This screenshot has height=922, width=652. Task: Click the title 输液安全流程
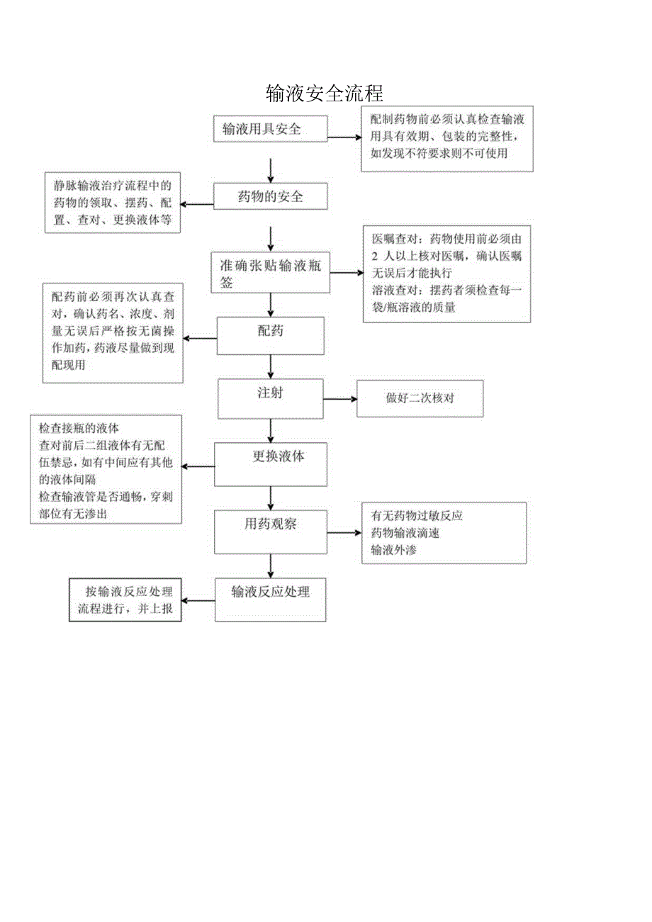click(325, 93)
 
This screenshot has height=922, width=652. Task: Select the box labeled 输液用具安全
click(270, 128)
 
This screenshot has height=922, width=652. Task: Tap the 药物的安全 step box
click(271, 196)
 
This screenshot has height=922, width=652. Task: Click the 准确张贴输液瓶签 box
click(271, 273)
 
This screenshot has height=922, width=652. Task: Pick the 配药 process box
click(270, 335)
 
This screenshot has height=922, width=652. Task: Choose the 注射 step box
click(270, 398)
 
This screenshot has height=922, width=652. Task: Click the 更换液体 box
click(270, 464)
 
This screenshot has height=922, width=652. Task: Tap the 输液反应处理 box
click(270, 599)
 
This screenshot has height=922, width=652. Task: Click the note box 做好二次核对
click(420, 398)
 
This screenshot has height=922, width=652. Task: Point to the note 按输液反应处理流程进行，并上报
click(125, 600)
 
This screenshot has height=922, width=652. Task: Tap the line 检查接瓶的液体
click(79, 429)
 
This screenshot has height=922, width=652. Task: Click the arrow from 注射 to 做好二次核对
click(340, 399)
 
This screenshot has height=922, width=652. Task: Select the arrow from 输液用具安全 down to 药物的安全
click(271, 169)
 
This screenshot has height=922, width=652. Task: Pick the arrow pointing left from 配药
click(201, 339)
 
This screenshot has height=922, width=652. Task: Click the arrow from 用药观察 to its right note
click(344, 533)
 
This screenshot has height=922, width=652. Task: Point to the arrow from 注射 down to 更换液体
click(270, 431)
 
